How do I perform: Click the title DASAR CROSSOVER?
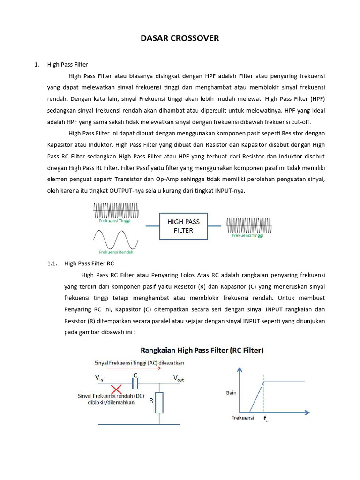coord(180,38)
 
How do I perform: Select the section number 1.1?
coord(52,263)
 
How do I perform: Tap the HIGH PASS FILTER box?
coord(183,226)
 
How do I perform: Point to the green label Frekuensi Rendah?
coord(113,252)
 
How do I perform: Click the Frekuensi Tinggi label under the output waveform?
coord(247,236)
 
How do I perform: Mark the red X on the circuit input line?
coord(116,389)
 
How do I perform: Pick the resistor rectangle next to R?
coord(159,402)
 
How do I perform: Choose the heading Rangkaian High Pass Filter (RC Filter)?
coord(202,350)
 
